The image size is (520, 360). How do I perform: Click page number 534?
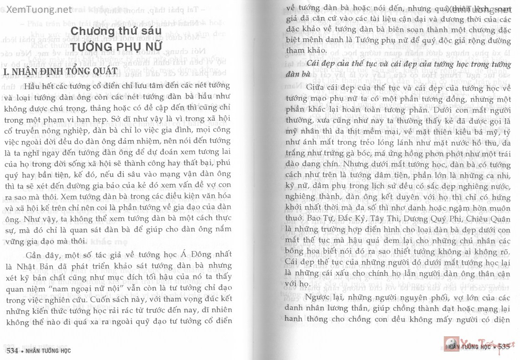coord(12,351)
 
